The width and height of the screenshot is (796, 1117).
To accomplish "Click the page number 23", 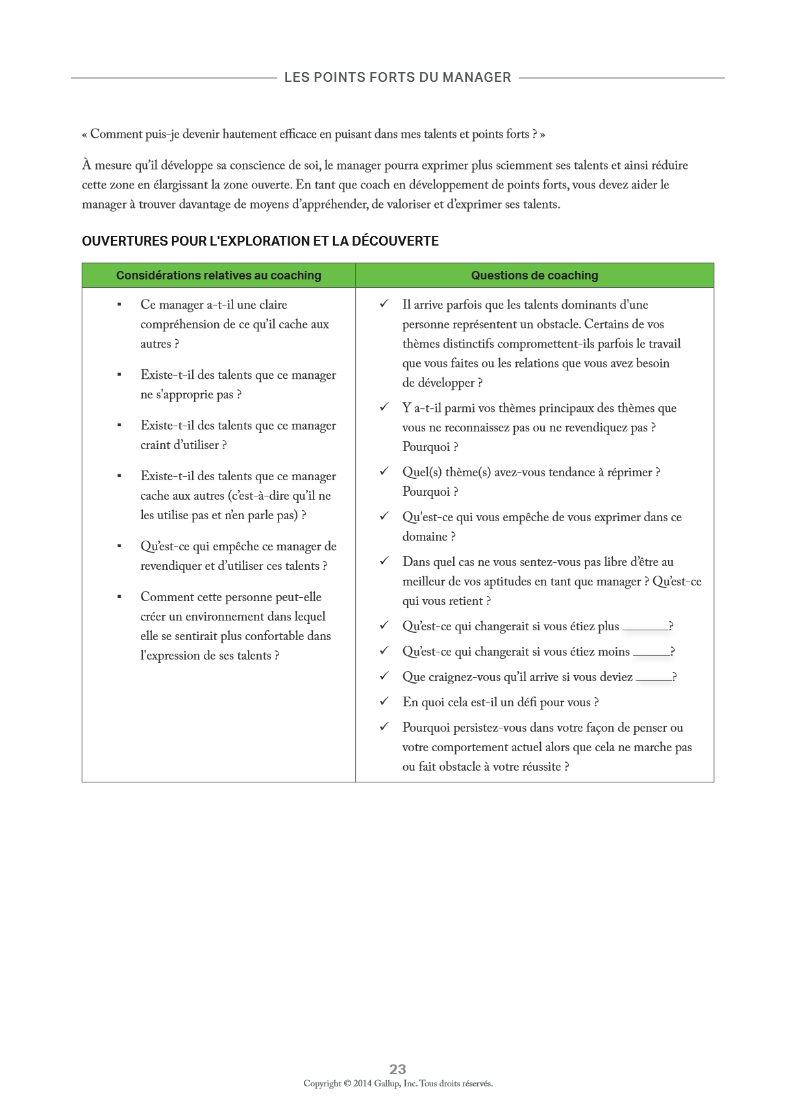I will tap(397, 1069).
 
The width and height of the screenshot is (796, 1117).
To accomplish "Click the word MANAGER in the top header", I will tap(477, 77).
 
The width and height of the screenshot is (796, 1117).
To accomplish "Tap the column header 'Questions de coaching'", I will tap(534, 276).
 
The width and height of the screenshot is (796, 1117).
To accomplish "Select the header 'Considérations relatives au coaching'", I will tap(218, 276).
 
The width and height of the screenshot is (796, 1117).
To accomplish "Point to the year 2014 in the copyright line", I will tap(362, 1083).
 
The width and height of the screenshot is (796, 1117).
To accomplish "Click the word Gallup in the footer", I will tap(386, 1083).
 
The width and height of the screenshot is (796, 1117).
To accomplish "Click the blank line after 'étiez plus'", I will tap(645, 628).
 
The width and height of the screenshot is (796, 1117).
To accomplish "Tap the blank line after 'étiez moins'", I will tap(651, 654).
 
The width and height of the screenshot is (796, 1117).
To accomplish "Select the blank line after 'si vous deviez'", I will tap(654, 679).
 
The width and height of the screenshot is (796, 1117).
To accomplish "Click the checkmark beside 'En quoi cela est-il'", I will tap(384, 701).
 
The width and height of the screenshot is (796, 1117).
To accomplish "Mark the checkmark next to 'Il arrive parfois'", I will tap(384, 303).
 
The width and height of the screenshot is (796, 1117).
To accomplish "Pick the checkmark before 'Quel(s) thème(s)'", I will tap(384, 471).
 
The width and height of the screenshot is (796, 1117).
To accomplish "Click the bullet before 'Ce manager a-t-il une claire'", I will tap(119, 305).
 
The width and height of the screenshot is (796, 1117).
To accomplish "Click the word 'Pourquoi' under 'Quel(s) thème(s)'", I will tap(425, 492).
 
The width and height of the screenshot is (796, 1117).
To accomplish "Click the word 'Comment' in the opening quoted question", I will tap(116, 135).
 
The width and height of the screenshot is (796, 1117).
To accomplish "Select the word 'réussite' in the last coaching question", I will tap(541, 767).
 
